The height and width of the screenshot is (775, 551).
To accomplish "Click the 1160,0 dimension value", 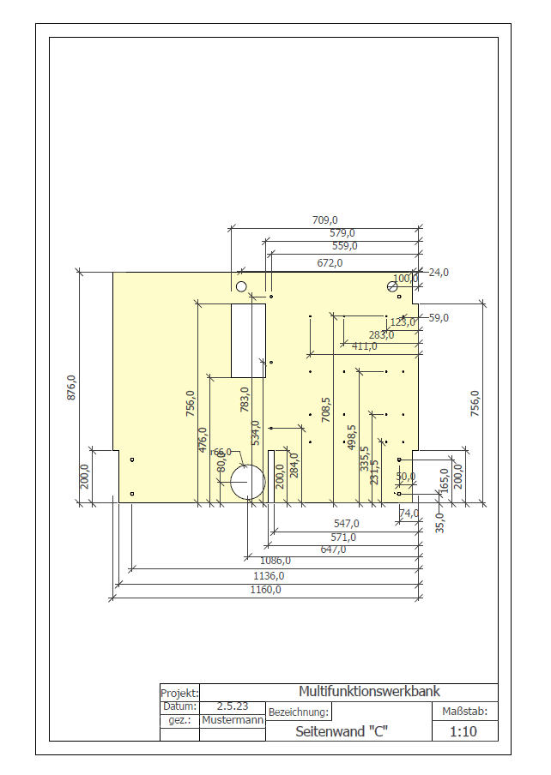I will [x=265, y=590].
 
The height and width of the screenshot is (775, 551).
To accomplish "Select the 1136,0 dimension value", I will [x=265, y=576].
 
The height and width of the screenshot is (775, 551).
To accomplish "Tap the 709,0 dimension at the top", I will [x=324, y=220].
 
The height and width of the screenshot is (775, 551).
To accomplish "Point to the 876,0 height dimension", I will [x=72, y=387].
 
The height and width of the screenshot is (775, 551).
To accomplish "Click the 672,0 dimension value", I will [x=330, y=262].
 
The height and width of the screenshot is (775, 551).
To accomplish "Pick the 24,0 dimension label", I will [x=439, y=273].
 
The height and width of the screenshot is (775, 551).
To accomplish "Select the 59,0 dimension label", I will [x=439, y=318].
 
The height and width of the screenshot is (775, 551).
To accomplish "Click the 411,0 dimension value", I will [x=364, y=346].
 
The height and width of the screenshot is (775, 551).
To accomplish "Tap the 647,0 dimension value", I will [x=333, y=550].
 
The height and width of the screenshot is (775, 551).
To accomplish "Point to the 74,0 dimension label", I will [x=409, y=513].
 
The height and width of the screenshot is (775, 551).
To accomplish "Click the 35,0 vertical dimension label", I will [x=440, y=523].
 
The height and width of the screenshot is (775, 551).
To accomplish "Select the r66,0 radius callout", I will [x=221, y=452].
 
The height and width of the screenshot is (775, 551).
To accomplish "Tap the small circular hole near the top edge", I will [x=241, y=285].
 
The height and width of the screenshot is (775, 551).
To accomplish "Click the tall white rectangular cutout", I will [x=248, y=340].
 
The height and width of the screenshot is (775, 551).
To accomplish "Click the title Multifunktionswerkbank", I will [x=369, y=691].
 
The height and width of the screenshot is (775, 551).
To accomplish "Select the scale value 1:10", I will [x=463, y=731].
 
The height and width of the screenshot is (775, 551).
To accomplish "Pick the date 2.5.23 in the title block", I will [x=233, y=706].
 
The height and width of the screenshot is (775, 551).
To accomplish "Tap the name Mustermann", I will [x=233, y=720].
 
